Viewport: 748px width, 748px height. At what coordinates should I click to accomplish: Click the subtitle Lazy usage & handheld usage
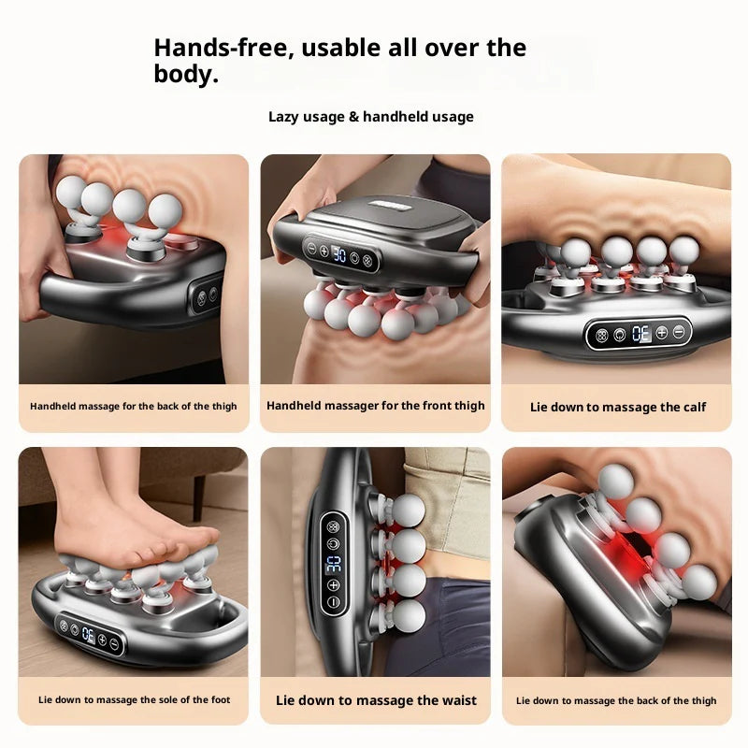click(371, 117)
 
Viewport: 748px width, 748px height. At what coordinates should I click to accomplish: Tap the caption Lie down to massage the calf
click(618, 407)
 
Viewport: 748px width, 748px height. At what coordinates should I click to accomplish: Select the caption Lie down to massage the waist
click(376, 700)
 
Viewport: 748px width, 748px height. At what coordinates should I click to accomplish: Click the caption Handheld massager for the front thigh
click(376, 406)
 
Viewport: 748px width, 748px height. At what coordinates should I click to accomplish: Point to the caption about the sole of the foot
click(134, 700)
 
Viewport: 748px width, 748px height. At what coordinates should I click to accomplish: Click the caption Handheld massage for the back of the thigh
click(134, 407)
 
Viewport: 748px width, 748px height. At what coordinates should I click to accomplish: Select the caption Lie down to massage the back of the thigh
click(616, 700)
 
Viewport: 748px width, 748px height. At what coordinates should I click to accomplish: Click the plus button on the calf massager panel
click(661, 333)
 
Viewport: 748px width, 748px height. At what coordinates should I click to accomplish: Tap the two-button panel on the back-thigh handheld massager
click(206, 295)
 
